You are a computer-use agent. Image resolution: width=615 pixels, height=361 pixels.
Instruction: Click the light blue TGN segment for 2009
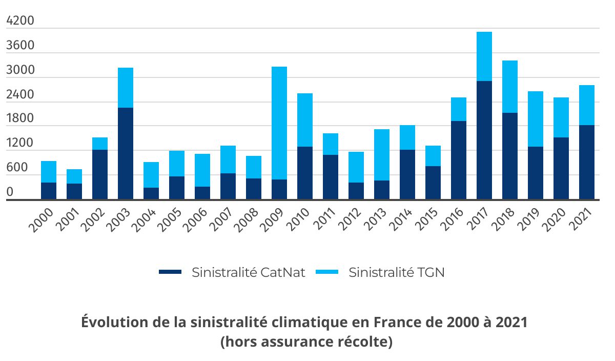point(279,123)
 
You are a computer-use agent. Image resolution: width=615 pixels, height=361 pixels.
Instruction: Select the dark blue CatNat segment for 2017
point(484,140)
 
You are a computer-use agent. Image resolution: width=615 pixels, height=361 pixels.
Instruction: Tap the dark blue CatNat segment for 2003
point(126,153)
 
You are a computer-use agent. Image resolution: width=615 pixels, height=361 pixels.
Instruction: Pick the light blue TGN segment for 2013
point(382,155)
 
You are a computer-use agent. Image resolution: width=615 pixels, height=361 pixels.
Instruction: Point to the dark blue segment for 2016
point(459,160)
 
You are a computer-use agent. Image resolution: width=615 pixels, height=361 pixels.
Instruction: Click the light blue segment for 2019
point(536,119)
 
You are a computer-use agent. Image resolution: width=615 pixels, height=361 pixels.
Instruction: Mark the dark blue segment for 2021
point(587,162)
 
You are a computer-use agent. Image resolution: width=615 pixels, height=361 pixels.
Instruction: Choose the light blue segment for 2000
point(49,172)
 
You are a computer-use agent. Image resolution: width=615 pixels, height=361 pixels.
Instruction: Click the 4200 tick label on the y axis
point(20,22)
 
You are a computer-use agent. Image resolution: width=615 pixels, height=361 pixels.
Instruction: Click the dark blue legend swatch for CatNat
point(170,272)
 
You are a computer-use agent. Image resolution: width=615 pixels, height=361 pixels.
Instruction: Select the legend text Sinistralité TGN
point(396,272)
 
